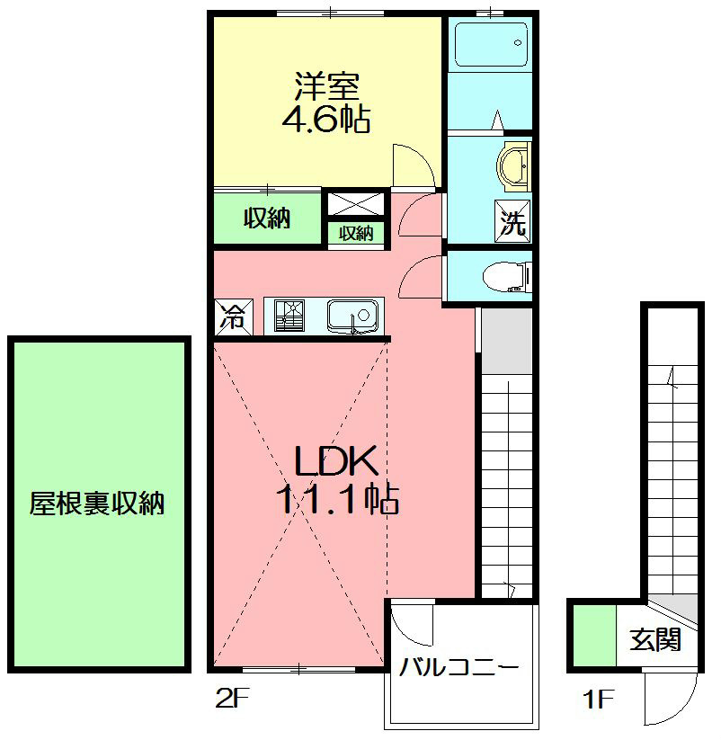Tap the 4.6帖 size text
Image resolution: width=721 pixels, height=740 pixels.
(326, 120)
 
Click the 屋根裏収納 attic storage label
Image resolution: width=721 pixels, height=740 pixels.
(97, 504)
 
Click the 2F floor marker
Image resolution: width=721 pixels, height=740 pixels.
(231, 698)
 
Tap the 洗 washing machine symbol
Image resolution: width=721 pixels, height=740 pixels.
(512, 222)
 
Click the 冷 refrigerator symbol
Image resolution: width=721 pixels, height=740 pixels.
(232, 317)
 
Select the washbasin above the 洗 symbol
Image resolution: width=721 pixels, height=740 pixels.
(513, 166)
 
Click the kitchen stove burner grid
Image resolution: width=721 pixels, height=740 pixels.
(290, 317)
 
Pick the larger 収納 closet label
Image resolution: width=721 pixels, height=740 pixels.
(267, 218)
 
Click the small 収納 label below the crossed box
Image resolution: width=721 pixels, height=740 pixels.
(356, 233)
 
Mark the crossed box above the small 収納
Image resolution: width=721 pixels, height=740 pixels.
(356, 202)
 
